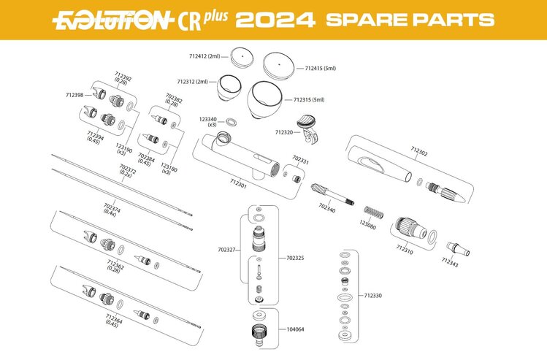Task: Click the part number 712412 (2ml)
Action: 204,56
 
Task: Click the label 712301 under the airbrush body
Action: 239,183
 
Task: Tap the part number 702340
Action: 327,208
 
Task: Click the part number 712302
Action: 419,153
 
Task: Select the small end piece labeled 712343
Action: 457,246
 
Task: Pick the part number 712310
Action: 405,249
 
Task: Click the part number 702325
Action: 297,258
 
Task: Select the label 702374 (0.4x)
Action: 111,209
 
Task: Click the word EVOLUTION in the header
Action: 110,19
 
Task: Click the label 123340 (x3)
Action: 208,121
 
